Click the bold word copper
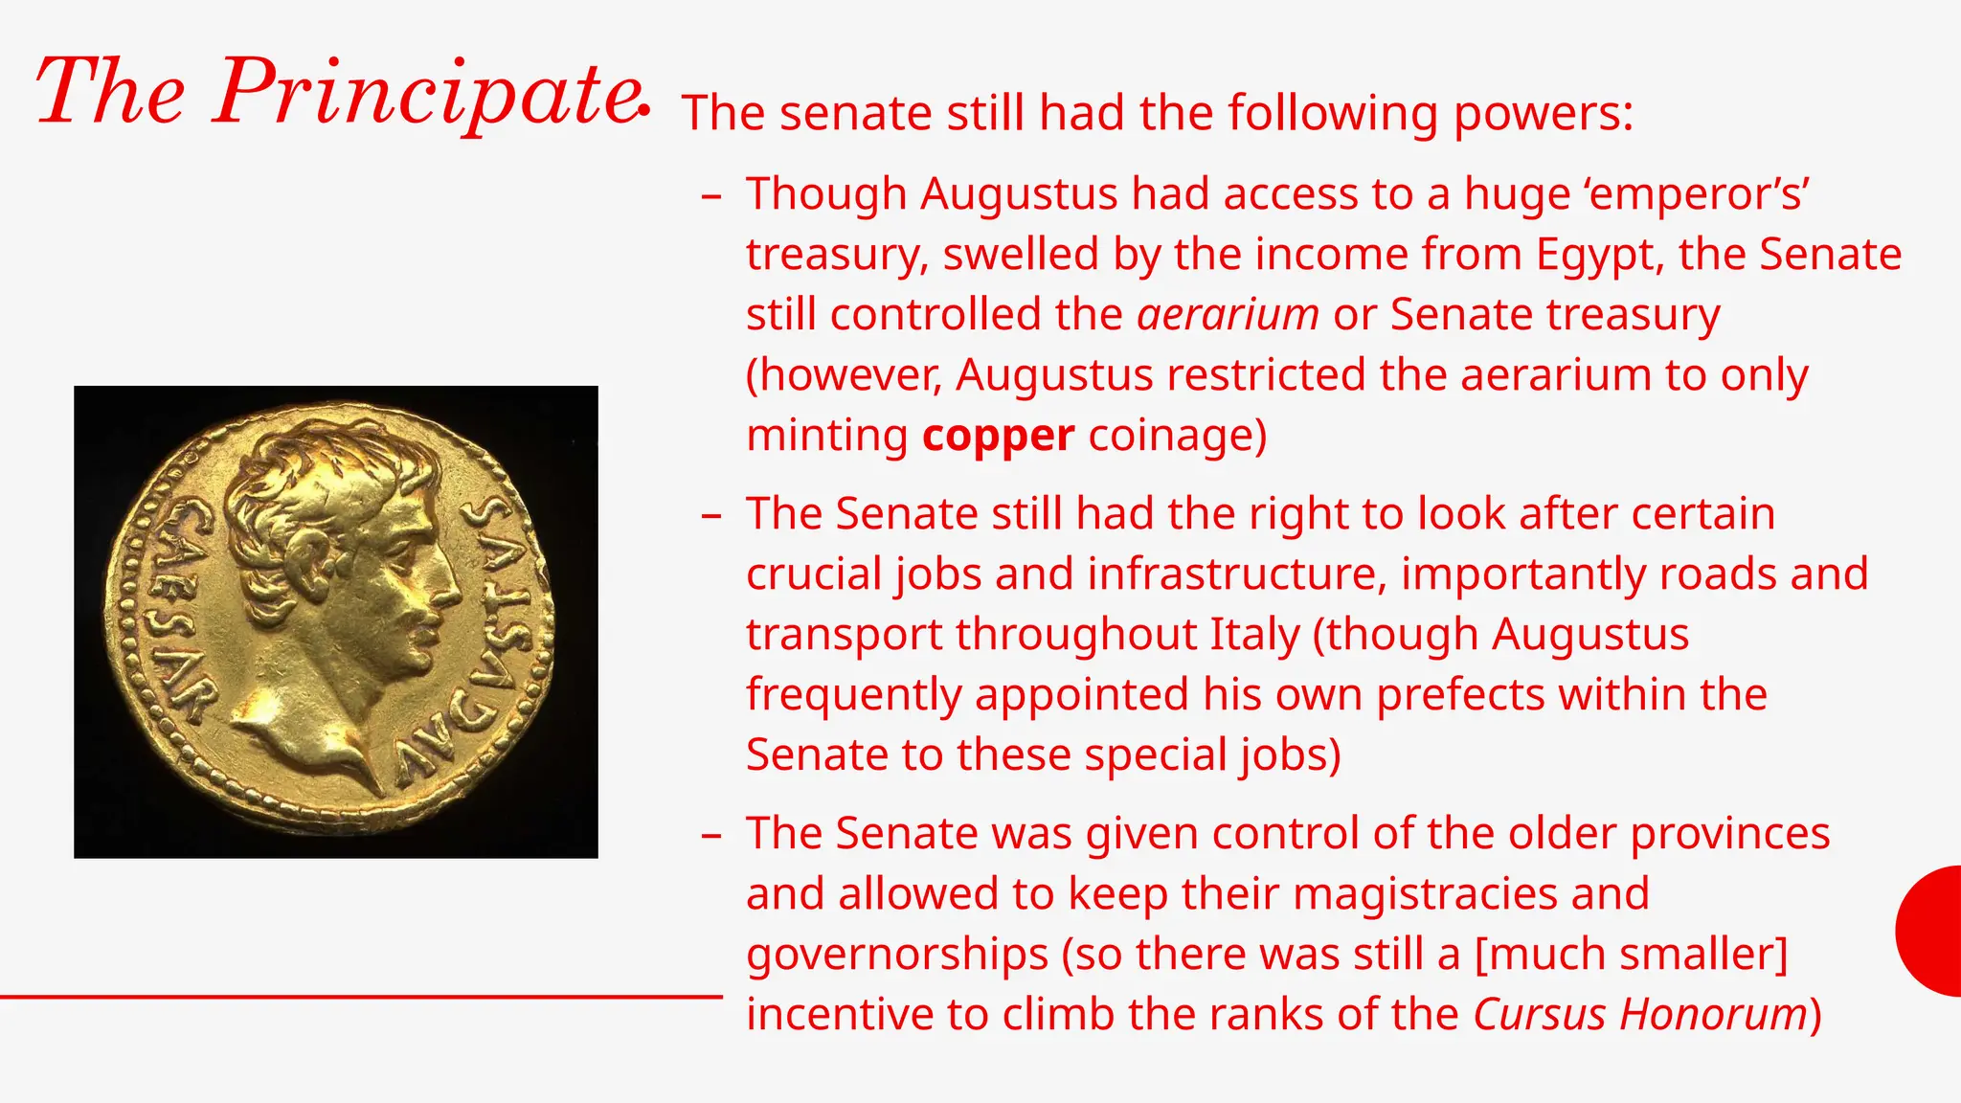998,436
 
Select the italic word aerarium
1228,315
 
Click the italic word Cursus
1539,1014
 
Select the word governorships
897,955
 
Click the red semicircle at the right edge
1932,931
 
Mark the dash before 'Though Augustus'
710,196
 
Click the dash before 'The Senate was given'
710,836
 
